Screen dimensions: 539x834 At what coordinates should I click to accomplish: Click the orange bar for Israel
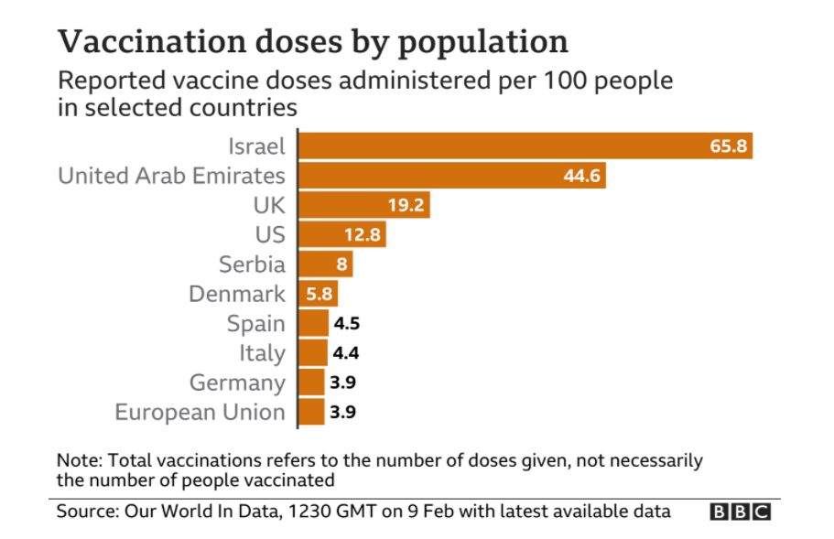click(525, 146)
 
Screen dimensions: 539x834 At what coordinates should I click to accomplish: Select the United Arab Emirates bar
click(452, 176)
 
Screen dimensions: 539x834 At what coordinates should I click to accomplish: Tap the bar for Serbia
click(326, 264)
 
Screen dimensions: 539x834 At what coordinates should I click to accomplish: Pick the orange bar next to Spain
click(314, 323)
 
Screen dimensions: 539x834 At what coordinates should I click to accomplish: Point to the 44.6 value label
click(581, 176)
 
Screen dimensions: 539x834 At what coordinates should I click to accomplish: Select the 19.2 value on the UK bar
click(406, 205)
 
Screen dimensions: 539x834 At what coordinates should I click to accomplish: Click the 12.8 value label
click(362, 235)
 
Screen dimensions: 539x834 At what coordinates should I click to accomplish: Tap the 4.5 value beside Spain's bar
click(344, 323)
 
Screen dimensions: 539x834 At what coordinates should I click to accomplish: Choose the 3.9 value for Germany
click(342, 383)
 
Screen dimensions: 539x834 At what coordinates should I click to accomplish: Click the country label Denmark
click(237, 294)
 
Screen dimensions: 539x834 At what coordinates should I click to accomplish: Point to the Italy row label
click(262, 353)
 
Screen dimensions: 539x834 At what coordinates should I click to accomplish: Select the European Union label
click(200, 412)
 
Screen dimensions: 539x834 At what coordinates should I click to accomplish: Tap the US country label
click(269, 234)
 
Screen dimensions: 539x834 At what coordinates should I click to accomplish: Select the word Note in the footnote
click(77, 460)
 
